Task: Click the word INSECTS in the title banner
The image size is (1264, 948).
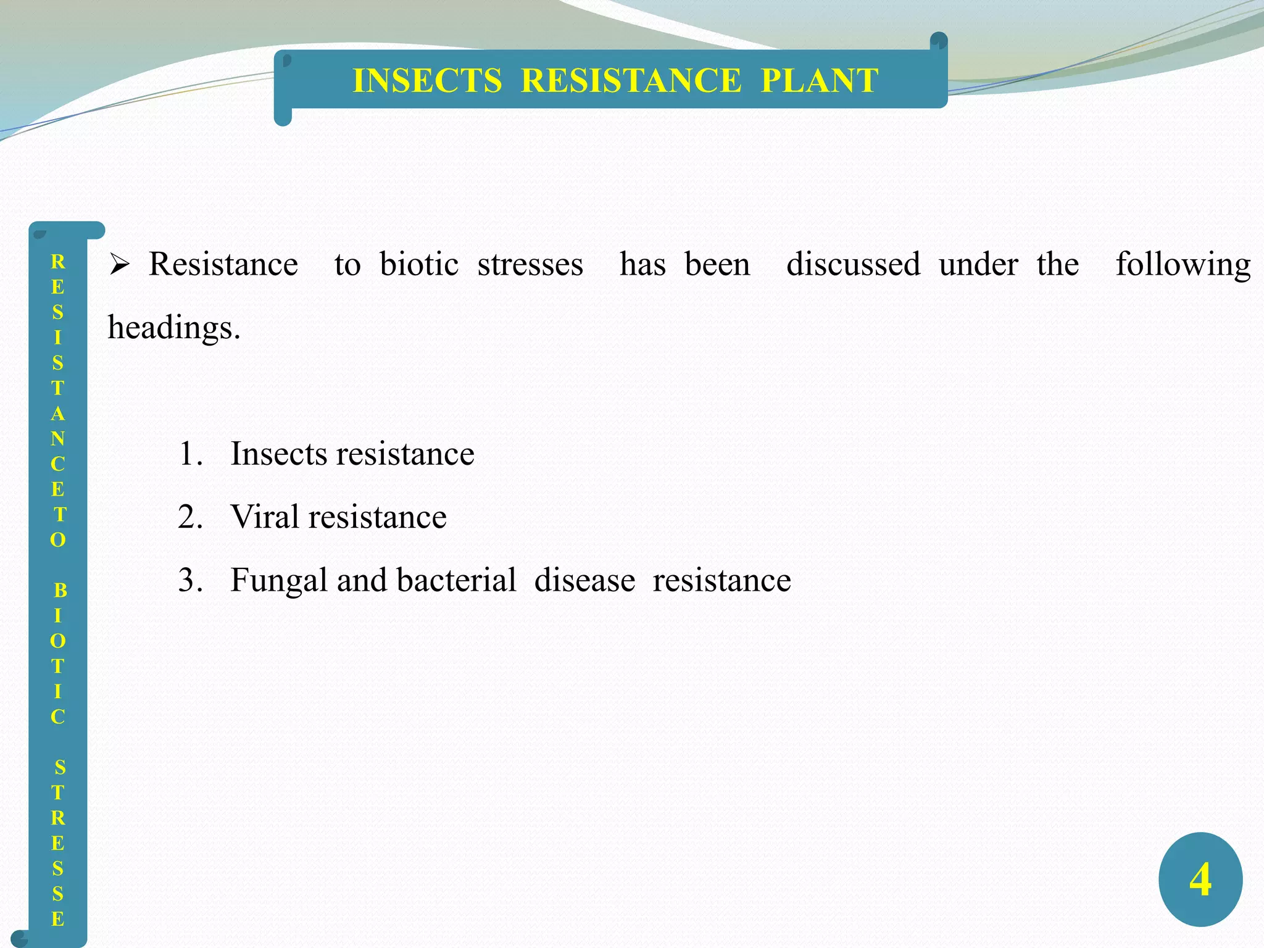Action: tap(427, 81)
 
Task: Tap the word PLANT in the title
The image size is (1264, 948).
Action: tap(819, 81)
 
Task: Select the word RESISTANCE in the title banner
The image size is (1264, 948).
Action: tap(631, 81)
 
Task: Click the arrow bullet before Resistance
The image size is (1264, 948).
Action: tap(119, 265)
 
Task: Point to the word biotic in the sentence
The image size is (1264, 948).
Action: tap(419, 265)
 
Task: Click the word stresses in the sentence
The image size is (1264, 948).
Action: tap(530, 265)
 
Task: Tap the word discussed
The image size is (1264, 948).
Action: tap(853, 265)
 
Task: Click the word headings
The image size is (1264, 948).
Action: tap(173, 328)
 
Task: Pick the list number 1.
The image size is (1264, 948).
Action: tap(189, 454)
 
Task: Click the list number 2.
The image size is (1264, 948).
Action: tap(189, 517)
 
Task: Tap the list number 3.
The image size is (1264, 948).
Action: tap(189, 581)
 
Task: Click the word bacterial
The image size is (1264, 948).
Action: tap(456, 581)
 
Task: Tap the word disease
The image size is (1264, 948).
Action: tap(584, 581)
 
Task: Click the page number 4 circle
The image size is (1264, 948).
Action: tap(1200, 879)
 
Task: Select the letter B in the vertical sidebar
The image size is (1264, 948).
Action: tap(60, 591)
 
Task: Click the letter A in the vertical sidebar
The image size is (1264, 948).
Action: tap(58, 414)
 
